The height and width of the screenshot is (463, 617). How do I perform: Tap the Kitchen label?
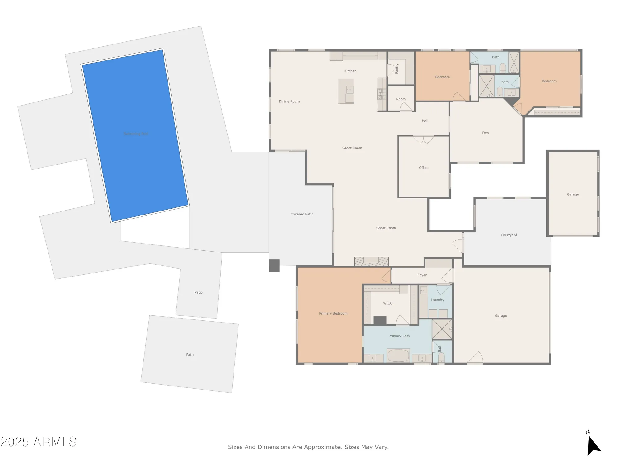point(350,71)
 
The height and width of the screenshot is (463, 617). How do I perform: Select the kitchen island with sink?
point(346,91)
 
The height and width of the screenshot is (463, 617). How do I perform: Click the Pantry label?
point(397,69)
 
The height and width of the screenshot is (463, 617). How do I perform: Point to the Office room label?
point(424,168)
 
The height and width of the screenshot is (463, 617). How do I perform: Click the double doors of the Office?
point(423,140)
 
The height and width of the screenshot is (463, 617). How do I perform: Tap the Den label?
point(485,133)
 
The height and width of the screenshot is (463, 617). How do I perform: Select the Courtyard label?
point(509,235)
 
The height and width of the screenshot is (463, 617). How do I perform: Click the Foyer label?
point(422,275)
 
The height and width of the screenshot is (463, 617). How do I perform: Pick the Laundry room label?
point(437,300)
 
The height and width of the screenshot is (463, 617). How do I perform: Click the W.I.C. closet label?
point(388,303)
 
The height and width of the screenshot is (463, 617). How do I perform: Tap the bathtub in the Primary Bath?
point(398,356)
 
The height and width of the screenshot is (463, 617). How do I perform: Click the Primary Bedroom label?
point(333,313)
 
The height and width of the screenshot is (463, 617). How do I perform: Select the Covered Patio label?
point(302,214)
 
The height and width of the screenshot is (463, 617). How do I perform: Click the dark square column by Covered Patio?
point(274,265)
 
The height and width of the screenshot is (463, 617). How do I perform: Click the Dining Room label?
point(289,102)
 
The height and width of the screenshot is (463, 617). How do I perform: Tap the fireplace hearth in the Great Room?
point(371,261)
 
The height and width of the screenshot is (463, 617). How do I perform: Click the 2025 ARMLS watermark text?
point(39,442)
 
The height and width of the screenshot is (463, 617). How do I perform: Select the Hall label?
point(425,121)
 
